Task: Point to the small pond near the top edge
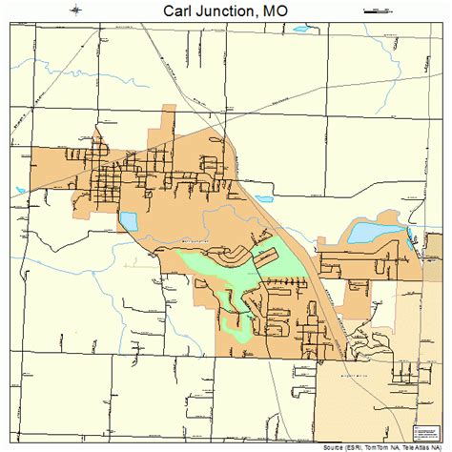coord(302,28)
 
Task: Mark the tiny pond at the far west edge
coord(21,191)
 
